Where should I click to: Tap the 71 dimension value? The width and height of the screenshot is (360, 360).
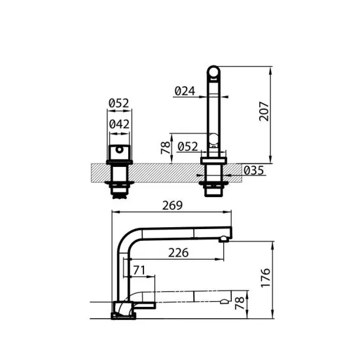139,270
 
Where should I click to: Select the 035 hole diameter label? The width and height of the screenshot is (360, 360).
253,171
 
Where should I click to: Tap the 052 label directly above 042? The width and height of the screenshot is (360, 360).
119,103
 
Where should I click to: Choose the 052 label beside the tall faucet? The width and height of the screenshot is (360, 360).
189,146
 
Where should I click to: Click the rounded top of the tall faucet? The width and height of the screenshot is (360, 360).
214,70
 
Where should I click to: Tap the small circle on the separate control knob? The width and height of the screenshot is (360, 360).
119,150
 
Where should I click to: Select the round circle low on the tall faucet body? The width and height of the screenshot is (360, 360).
213,138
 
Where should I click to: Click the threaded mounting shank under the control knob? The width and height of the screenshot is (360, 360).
119,181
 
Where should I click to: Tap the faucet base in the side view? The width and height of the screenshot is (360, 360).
124,308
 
